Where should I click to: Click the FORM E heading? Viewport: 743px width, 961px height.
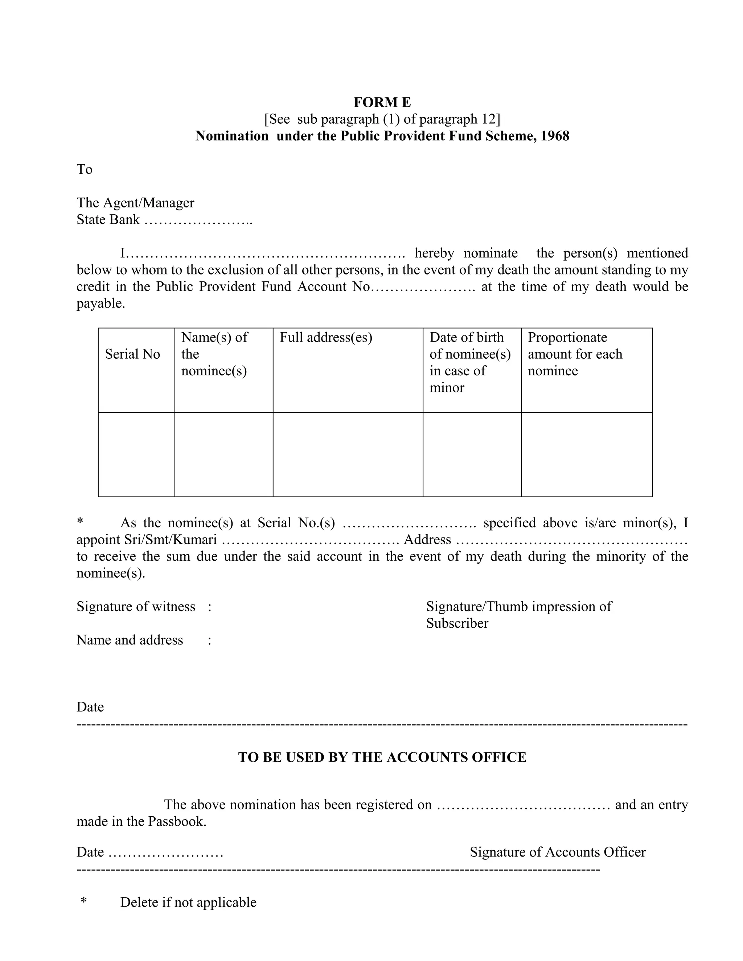point(382,102)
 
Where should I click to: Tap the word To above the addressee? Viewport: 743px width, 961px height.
point(85,169)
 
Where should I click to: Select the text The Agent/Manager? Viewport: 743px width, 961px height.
point(135,202)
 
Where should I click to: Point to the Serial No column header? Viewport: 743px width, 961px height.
point(132,354)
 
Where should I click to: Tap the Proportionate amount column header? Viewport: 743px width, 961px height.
point(575,354)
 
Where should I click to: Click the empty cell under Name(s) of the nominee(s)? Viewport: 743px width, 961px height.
point(223,454)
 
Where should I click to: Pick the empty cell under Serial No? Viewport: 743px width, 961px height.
point(136,454)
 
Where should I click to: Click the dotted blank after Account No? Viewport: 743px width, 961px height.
point(423,287)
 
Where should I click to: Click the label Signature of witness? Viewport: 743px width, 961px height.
point(136,606)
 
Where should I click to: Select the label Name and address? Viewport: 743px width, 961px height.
point(130,640)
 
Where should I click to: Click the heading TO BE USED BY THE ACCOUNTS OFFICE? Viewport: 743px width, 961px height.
point(382,757)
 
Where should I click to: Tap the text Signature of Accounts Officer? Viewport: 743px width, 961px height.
point(557,852)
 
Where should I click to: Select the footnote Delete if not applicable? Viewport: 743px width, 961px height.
point(188,902)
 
